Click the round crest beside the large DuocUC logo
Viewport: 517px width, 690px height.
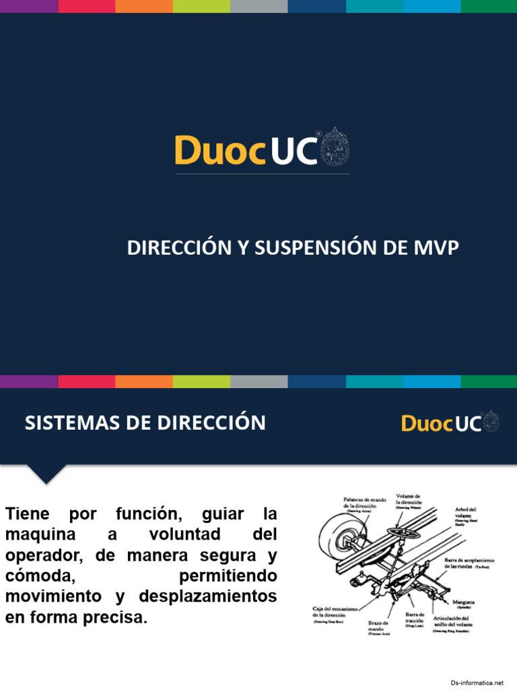click(335, 146)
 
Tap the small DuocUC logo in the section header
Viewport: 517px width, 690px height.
click(450, 422)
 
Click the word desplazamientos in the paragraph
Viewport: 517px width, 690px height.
click(208, 597)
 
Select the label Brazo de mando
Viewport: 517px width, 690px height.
click(378, 627)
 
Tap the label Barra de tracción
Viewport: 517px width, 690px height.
click(415, 618)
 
